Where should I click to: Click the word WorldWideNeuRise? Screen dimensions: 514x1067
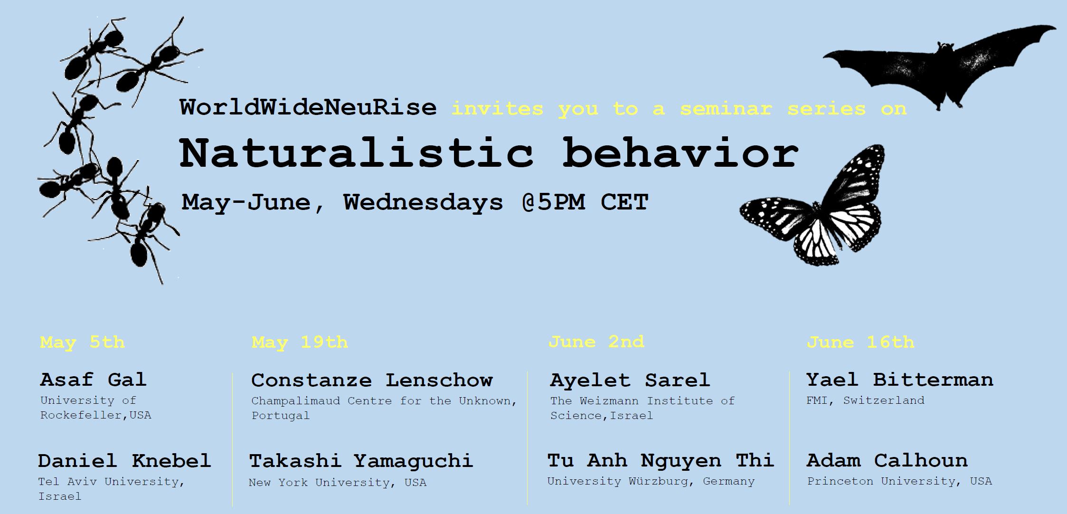pos(308,108)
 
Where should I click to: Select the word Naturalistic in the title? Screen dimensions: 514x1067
pos(356,153)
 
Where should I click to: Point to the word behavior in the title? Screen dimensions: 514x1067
pos(680,153)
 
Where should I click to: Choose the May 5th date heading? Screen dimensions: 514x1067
pos(82,343)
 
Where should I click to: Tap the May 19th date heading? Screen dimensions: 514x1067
pos(300,343)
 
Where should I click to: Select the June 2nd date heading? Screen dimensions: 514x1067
pos(596,342)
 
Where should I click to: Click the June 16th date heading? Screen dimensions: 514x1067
pos(860,343)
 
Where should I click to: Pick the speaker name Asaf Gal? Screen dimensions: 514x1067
pos(93,380)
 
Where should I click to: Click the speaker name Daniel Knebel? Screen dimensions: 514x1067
pos(124,461)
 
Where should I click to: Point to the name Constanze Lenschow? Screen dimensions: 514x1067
pos(372,381)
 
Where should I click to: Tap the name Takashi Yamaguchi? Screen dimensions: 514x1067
pos(361,461)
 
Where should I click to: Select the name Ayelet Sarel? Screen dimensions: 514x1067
pos(630,381)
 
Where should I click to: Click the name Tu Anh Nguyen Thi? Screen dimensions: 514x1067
pos(661,460)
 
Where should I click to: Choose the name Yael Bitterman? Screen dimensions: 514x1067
pos(900,380)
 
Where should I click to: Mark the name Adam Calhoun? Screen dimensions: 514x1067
pos(887,460)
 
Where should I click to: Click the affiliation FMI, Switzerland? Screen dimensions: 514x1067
pos(865,400)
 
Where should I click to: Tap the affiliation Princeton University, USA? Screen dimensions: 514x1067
pos(899,481)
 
